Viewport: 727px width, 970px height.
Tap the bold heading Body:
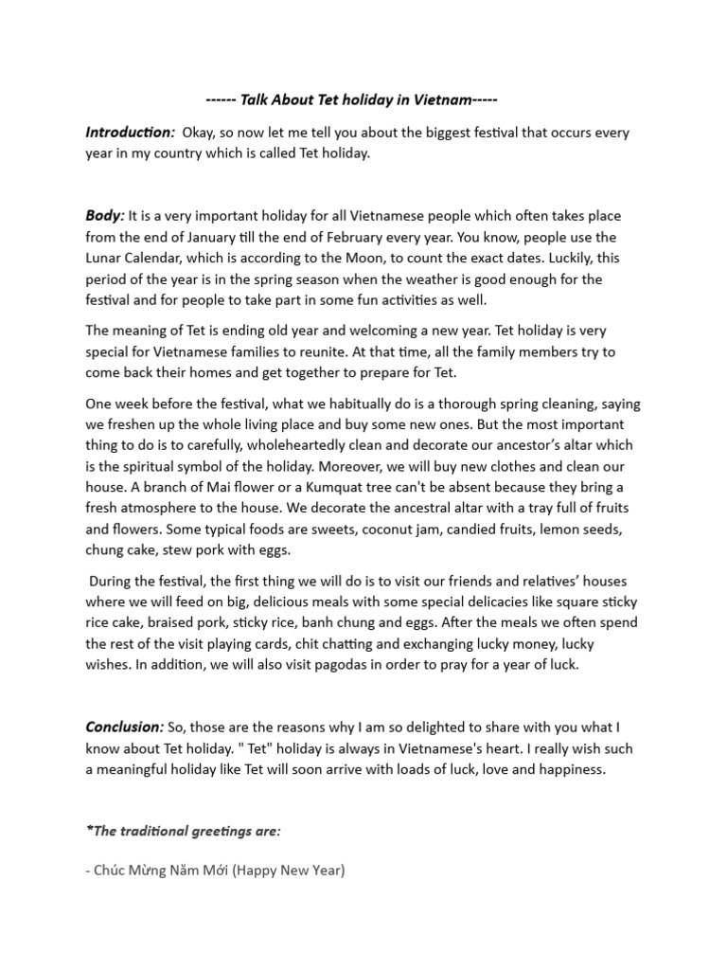tap(104, 217)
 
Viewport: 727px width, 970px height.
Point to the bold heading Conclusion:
tap(124, 727)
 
